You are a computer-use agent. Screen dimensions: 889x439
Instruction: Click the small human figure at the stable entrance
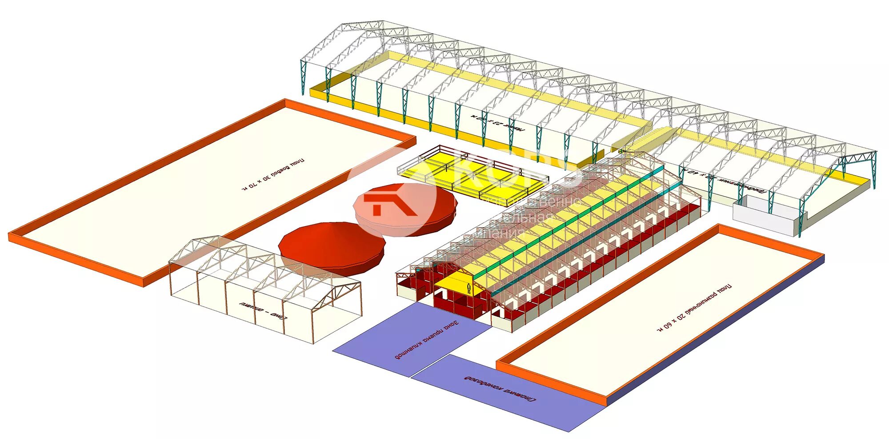(469, 289)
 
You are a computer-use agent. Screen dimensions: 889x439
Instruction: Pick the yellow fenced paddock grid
(471, 176)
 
